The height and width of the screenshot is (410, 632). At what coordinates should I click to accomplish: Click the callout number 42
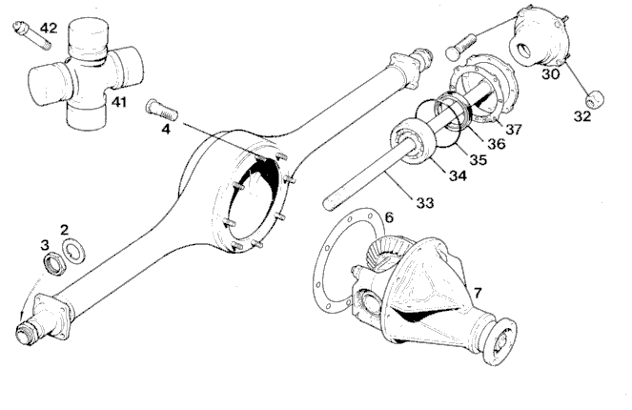(x=49, y=29)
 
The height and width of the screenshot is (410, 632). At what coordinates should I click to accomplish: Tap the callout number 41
(x=119, y=102)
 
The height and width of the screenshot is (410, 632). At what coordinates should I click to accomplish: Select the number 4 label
(x=166, y=130)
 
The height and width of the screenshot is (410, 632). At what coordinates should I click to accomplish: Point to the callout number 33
(x=425, y=203)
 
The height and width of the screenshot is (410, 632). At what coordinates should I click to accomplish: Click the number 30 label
(x=550, y=74)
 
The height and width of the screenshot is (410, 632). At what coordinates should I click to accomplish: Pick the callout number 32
(x=582, y=116)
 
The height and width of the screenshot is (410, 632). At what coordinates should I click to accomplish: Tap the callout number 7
(x=478, y=293)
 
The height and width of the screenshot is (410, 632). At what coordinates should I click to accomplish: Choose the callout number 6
(x=389, y=217)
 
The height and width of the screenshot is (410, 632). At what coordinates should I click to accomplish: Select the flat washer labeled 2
(x=73, y=252)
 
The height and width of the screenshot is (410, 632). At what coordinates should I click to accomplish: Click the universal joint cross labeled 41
(x=86, y=74)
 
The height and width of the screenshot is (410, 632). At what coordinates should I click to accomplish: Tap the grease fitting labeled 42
(x=31, y=34)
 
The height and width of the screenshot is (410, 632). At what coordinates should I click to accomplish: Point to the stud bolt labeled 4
(x=161, y=109)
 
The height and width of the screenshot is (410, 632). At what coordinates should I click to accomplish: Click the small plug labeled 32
(x=595, y=99)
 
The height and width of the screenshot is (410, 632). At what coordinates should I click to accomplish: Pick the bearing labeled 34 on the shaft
(x=414, y=141)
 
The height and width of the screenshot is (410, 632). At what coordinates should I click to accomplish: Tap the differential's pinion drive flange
(x=499, y=340)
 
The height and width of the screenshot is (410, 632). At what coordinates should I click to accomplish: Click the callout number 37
(x=514, y=130)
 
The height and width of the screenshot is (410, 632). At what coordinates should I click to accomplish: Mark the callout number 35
(x=478, y=159)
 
